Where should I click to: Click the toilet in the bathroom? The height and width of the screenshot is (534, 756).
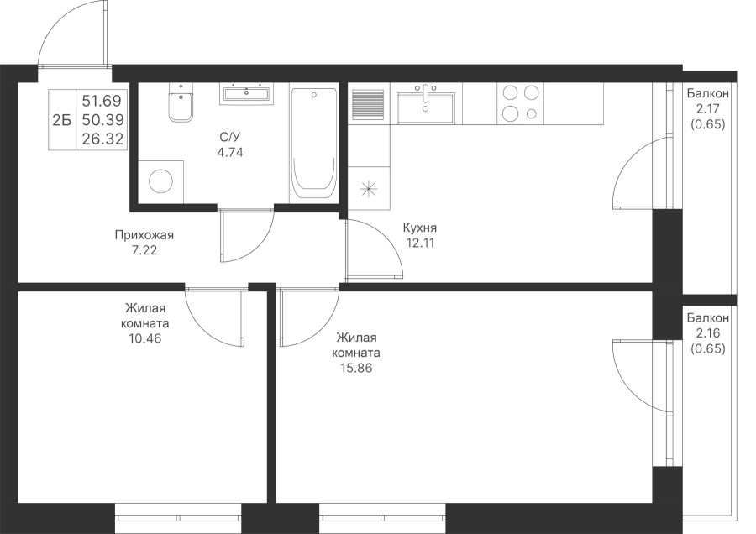[179, 107]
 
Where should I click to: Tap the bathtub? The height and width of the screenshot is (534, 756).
[313, 143]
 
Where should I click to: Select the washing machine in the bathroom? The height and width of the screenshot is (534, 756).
[160, 179]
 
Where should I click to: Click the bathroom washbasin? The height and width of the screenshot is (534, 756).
[246, 93]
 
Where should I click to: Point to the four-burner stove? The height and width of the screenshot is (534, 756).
[521, 104]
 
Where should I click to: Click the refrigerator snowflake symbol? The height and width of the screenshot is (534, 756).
[368, 188]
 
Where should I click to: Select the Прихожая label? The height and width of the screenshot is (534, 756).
[144, 236]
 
